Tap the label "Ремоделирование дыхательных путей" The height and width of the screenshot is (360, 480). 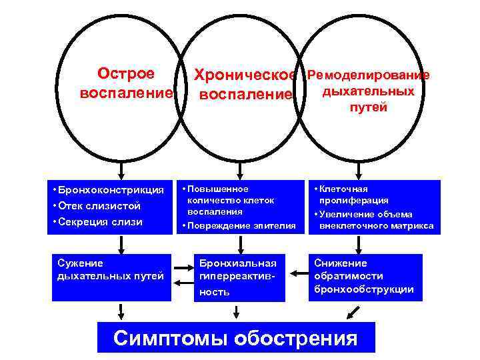(367, 91)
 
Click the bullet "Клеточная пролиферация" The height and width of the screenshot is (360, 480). (353, 195)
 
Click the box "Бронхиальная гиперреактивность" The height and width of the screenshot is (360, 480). (235, 277)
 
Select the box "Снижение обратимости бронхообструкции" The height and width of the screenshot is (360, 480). (366, 276)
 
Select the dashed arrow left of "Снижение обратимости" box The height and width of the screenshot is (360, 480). (296, 272)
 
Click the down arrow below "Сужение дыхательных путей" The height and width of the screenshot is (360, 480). (120, 310)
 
